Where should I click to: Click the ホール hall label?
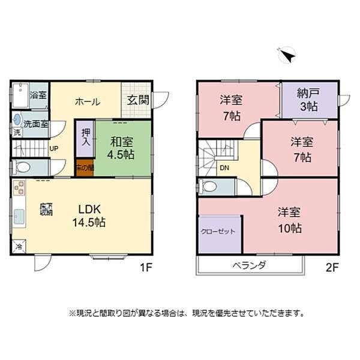click(x=88, y=101)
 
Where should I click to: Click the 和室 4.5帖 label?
click(x=122, y=148)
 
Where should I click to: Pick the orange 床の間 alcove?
click(x=85, y=167)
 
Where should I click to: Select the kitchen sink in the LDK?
click(x=19, y=217)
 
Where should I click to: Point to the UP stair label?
click(x=54, y=149)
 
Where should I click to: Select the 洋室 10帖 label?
click(x=289, y=220)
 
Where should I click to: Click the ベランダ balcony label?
click(x=250, y=265)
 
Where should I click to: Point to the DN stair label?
click(x=224, y=168)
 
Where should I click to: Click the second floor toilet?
click(x=209, y=187)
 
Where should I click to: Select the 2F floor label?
click(x=332, y=269)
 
